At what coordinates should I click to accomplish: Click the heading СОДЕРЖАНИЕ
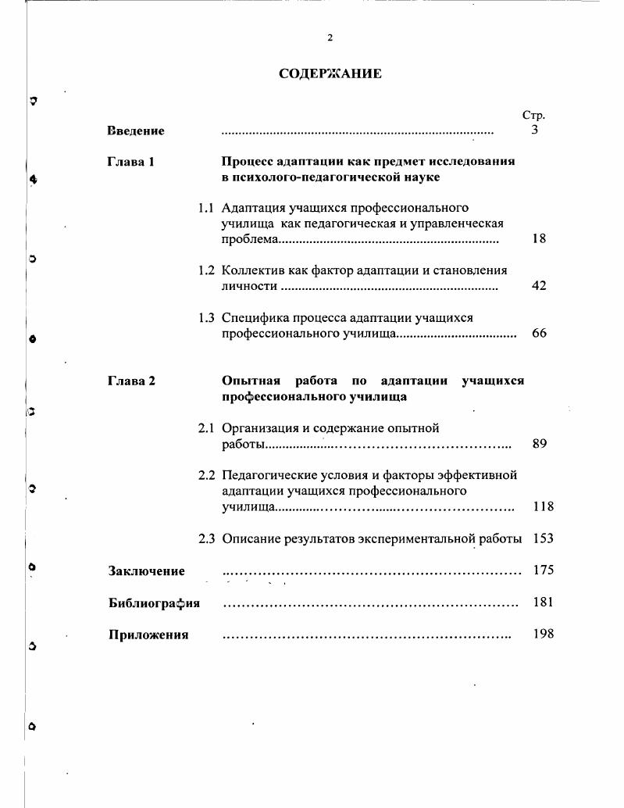pos(330,74)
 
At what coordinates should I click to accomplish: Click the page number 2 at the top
pos(330,38)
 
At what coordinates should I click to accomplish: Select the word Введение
pos(136,130)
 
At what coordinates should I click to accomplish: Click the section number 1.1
pos(206,208)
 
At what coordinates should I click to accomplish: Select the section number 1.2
pos(206,270)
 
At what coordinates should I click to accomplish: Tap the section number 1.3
pos(206,318)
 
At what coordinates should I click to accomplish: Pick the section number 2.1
pos(206,428)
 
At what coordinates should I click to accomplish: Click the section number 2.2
pos(206,475)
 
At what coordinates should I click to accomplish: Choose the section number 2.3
pos(206,538)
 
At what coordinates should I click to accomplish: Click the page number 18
pos(539,239)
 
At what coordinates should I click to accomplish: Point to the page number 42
pos(539,286)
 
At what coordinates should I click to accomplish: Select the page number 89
pos(539,444)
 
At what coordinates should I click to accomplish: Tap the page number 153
pos(543,538)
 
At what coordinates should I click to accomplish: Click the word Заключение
pos(147,570)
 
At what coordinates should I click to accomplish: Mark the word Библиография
pos(154,602)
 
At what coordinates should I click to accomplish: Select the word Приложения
pos(148,635)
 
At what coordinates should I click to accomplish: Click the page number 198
pos(543,634)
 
